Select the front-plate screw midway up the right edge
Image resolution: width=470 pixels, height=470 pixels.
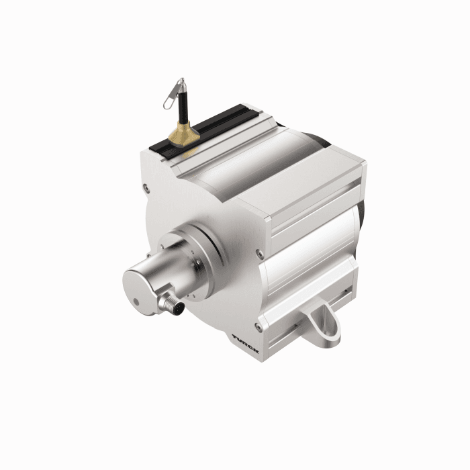(x=260, y=252)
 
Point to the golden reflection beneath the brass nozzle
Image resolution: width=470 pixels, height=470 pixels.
(x=187, y=153)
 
